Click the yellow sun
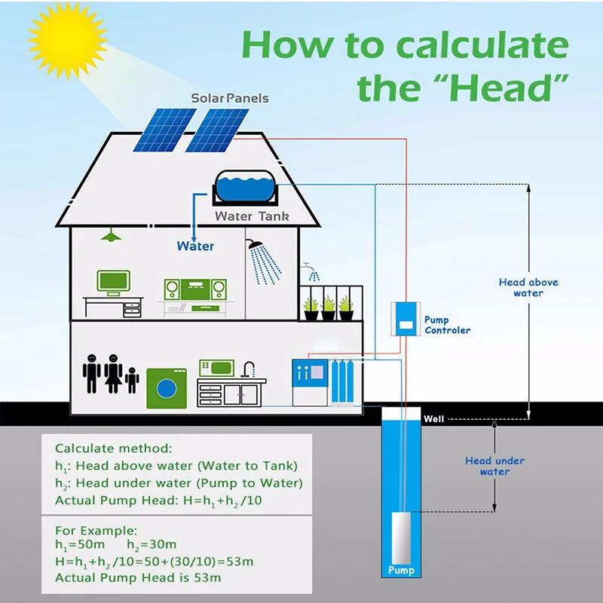(68, 40)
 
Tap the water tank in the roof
(244, 187)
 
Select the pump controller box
(406, 319)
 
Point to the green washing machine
(167, 388)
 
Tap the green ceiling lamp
(111, 235)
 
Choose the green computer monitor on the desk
(113, 283)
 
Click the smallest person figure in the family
(132, 380)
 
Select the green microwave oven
(216, 368)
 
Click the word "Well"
(433, 419)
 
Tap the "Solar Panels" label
(230, 98)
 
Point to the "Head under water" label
(494, 466)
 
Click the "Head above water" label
(528, 287)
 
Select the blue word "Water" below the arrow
(195, 246)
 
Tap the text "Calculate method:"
(114, 448)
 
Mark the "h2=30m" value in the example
(152, 545)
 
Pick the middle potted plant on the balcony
(328, 308)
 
